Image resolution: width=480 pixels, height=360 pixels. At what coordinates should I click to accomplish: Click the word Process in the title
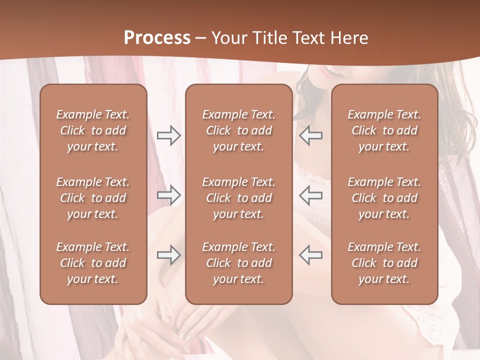pos(157,38)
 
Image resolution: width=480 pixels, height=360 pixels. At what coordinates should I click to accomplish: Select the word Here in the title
pos(349,38)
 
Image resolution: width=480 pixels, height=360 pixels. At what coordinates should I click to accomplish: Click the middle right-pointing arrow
pos(168,195)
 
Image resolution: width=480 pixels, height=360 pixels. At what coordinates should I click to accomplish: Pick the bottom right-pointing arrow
pos(168,255)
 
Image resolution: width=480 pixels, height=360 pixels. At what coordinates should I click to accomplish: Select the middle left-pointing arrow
pos(310,195)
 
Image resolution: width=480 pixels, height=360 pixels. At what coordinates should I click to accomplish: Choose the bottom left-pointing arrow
pos(310,255)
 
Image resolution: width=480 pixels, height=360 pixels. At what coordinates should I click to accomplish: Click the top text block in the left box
pos(93,130)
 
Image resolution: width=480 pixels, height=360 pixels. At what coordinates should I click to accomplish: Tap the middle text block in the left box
pos(93,198)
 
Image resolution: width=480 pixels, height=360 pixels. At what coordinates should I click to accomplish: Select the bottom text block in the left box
pos(93,263)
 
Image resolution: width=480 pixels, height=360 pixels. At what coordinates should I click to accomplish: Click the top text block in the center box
pos(238,130)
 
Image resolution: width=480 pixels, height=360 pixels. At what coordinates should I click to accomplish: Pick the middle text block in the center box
pos(238,198)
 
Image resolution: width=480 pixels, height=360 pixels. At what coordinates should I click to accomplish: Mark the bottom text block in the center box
pos(238,263)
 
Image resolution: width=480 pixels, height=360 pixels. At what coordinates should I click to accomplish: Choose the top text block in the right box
pos(384,130)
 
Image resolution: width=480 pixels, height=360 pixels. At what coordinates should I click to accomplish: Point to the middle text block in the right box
pos(384,198)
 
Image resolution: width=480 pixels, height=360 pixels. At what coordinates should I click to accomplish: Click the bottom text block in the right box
pos(384,263)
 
